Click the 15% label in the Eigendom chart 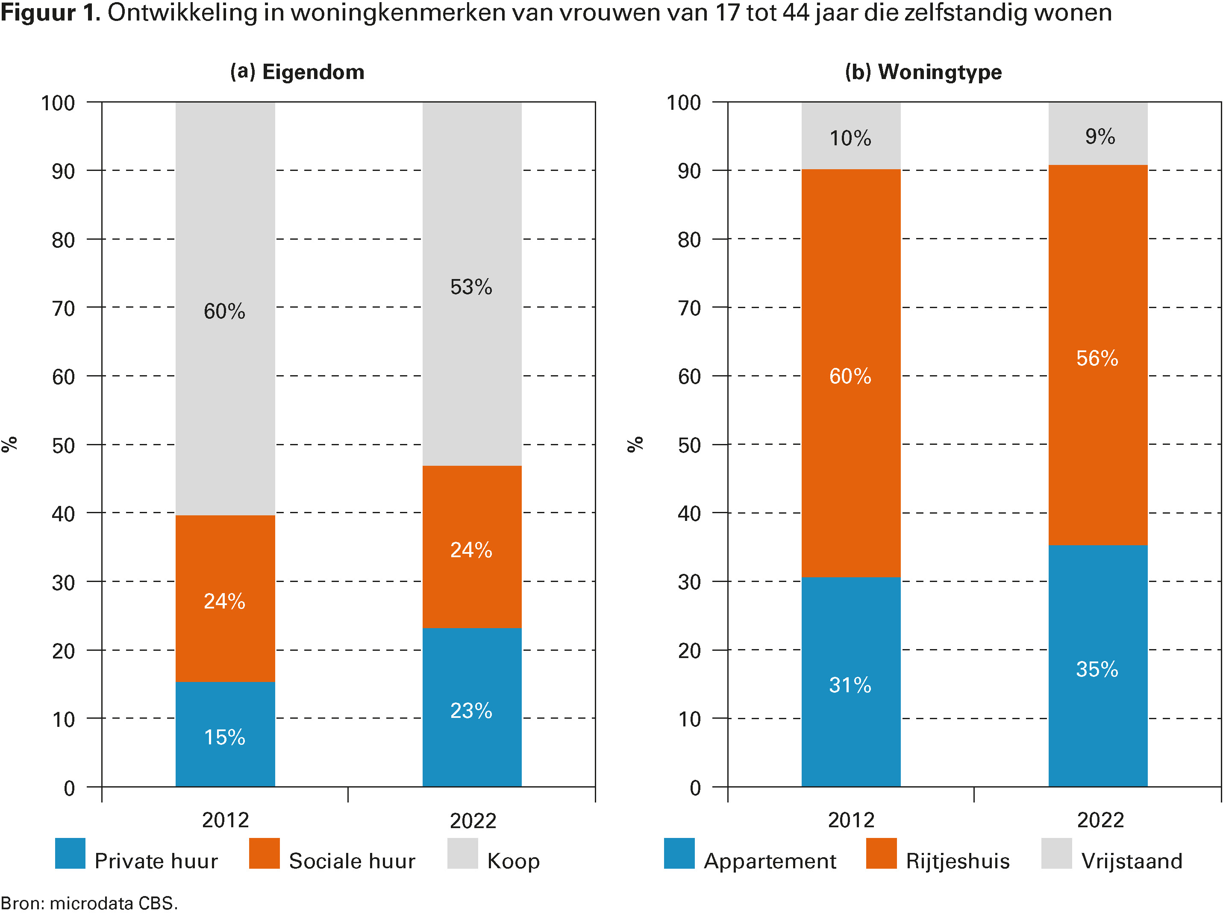coord(224,737)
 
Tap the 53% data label coord(470,287)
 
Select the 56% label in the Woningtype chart coord(1097,358)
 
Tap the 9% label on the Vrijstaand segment coord(1100,137)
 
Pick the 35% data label coord(1097,669)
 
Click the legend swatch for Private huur coord(70,853)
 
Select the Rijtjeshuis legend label coord(958,861)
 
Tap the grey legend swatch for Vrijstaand coord(1056,853)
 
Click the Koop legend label coord(513,861)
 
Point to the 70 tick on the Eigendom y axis coord(64,309)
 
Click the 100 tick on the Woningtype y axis coord(683,103)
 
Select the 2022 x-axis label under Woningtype coord(1100,820)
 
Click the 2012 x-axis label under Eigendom coord(225,820)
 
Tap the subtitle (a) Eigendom coord(297,72)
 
